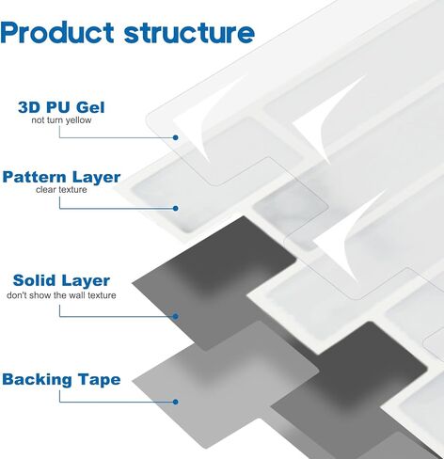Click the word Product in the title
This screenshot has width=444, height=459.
coord(57,32)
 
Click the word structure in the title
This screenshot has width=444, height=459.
coord(189,33)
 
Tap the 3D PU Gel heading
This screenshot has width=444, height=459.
coord(61,107)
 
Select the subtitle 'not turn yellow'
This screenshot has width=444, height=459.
coord(61,120)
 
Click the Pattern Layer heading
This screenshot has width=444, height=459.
coord(61,177)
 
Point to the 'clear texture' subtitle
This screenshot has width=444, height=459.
coord(61,190)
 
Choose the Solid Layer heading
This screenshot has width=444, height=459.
coord(61,280)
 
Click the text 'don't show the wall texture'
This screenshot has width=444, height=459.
coord(61,295)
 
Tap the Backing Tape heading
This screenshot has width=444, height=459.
coord(61,379)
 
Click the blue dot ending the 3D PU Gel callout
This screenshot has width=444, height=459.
coord(176,137)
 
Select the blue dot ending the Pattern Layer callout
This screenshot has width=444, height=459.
coord(176,208)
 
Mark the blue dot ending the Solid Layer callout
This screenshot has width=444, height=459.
coord(176,316)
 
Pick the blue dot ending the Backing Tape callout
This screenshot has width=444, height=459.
coord(176,402)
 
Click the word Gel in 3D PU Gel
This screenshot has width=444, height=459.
coord(90,107)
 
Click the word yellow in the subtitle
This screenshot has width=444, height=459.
coord(79,120)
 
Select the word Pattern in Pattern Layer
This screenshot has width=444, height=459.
coord(34,177)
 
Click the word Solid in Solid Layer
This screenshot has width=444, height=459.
coord(35,280)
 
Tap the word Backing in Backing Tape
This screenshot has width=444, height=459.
coord(38,380)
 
